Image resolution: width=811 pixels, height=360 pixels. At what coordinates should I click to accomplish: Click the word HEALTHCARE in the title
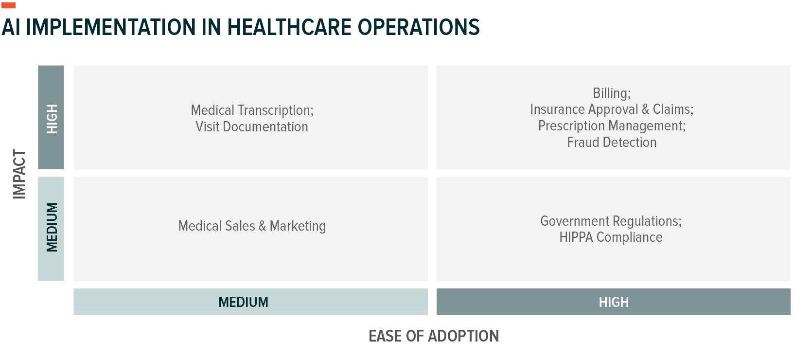pyautogui.click(x=290, y=27)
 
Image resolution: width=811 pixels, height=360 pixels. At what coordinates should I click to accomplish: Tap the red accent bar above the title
pyautogui.click(x=9, y=5)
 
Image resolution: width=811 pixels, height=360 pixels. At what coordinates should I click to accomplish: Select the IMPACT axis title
pyautogui.click(x=19, y=174)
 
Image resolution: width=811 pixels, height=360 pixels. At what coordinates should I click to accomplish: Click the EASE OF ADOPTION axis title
pyautogui.click(x=434, y=336)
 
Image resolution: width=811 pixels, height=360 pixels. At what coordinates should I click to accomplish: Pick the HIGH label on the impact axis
pyautogui.click(x=52, y=118)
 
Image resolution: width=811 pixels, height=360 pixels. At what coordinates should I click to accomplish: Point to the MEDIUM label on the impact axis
pyautogui.click(x=52, y=227)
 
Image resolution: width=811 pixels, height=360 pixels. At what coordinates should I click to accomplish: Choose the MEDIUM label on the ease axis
pyautogui.click(x=243, y=302)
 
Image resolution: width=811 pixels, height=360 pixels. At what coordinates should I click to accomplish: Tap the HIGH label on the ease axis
pyautogui.click(x=614, y=302)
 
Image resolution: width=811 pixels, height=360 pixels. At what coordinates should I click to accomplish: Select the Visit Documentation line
pyautogui.click(x=252, y=127)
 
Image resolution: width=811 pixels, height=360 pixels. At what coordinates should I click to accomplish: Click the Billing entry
pyautogui.click(x=612, y=93)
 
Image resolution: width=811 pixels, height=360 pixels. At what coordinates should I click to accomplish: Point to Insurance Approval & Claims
pyautogui.click(x=612, y=109)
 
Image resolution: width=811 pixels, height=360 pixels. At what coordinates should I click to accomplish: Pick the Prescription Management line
pyautogui.click(x=612, y=126)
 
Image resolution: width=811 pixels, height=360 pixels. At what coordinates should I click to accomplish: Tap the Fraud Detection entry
pyautogui.click(x=612, y=143)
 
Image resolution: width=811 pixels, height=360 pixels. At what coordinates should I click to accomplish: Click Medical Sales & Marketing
pyautogui.click(x=252, y=226)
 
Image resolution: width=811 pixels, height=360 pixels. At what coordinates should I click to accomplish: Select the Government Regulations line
pyautogui.click(x=611, y=221)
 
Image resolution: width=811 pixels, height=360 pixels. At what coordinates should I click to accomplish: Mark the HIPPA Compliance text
pyautogui.click(x=611, y=237)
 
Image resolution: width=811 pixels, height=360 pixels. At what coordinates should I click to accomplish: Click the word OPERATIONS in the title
pyautogui.click(x=419, y=27)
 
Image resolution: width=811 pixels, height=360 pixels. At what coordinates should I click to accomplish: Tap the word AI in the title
pyautogui.click(x=11, y=27)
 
